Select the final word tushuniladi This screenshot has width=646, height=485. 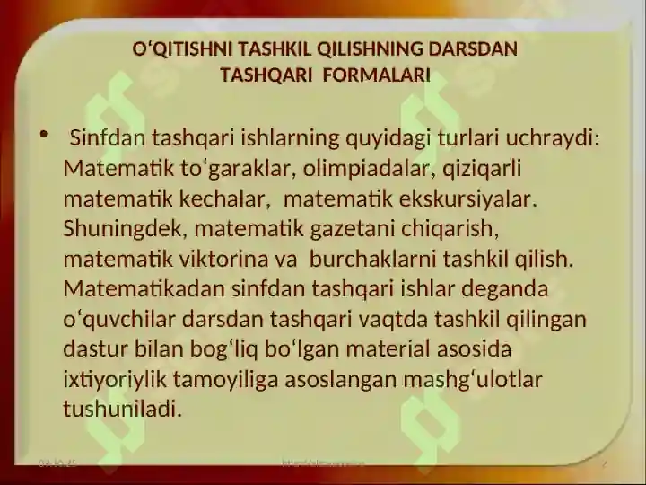122,410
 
